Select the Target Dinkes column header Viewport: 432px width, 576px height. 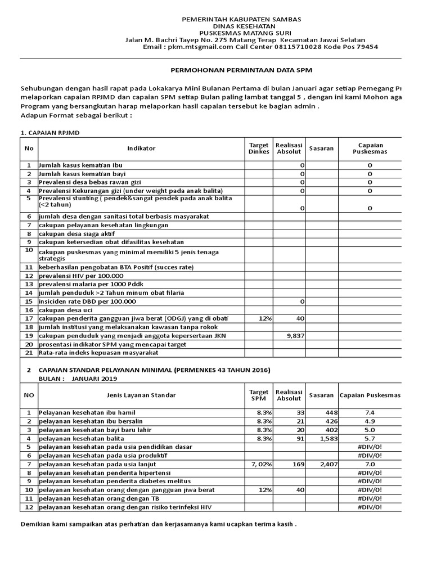pos(259,148)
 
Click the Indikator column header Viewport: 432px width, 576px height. pos(141,148)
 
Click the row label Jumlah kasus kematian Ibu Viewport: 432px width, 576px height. pos(82,165)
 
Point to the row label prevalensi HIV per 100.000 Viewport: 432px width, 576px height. pos(80,276)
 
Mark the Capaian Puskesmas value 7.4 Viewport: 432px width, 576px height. pos(370,412)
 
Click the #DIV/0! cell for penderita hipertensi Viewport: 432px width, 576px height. pos(370,473)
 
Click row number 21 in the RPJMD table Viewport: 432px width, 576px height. pos(29,353)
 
